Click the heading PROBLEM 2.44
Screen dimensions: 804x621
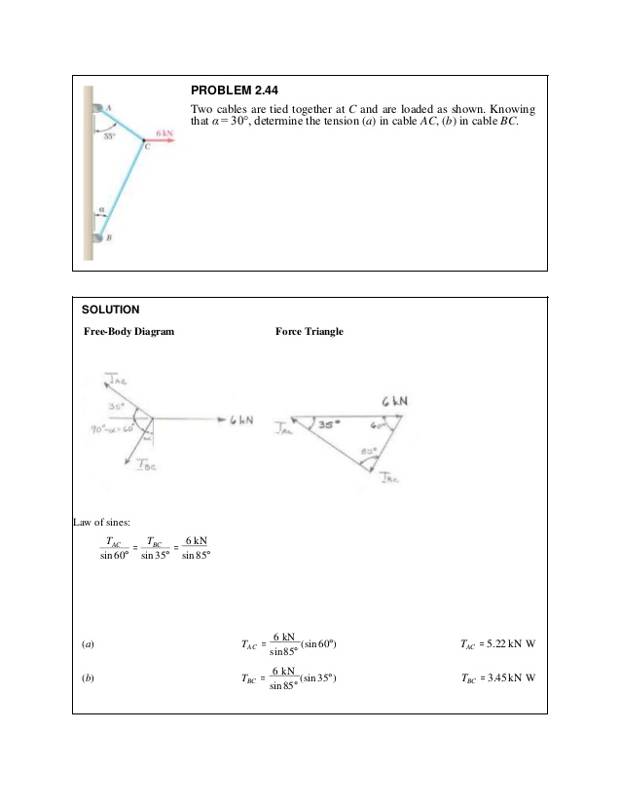(230, 91)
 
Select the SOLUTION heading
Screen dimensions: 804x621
(110, 311)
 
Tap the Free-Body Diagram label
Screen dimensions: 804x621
(128, 332)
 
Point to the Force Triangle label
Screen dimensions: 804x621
(310, 332)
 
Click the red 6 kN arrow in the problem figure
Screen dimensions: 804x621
(163, 140)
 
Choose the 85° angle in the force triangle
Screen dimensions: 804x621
(368, 451)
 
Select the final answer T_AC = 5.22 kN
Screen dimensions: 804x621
(497, 643)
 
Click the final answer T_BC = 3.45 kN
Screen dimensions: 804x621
(497, 678)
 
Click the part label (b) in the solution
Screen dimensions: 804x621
(88, 678)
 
